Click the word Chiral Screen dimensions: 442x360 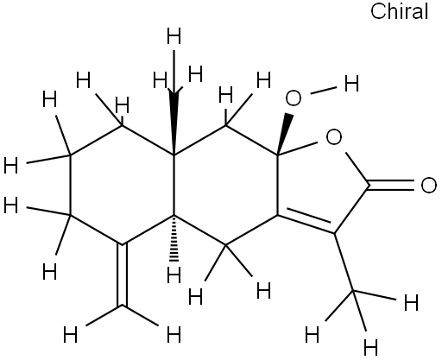point(399,11)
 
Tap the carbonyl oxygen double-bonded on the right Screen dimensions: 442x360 point(428,185)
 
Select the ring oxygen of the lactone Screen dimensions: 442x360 point(334,137)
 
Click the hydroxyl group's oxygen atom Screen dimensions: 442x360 point(294,98)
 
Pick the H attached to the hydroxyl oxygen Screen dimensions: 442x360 point(351,84)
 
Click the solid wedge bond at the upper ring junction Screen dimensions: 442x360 point(174,121)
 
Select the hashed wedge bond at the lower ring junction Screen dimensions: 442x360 point(174,238)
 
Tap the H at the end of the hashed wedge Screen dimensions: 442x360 point(174,275)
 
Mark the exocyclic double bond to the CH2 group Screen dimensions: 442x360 point(122,275)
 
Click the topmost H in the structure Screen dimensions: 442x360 point(174,36)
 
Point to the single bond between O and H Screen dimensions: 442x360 point(324,90)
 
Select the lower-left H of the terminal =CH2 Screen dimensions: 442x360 point(70,334)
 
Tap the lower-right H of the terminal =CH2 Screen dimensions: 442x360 point(174,334)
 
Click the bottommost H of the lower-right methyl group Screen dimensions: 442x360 point(370,347)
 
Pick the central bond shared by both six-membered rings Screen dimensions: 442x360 point(174,185)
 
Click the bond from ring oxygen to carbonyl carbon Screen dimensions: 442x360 point(358,169)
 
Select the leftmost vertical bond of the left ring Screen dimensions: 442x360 point(70,185)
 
